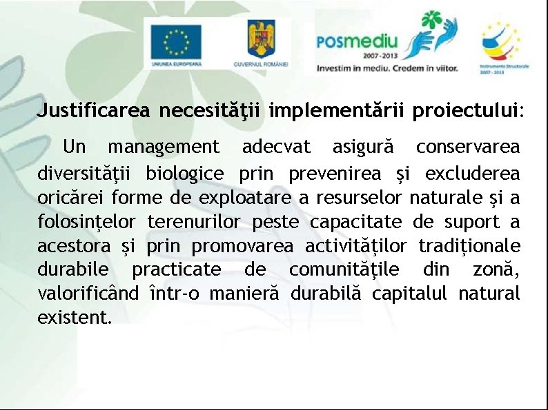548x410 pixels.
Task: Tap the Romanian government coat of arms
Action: pyautogui.click(x=261, y=39)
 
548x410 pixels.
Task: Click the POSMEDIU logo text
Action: pyautogui.click(x=357, y=42)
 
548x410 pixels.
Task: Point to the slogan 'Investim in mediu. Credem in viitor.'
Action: pyautogui.click(x=386, y=68)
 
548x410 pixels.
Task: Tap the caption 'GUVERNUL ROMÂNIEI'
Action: pyautogui.click(x=261, y=63)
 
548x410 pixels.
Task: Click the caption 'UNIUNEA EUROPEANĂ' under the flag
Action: pyautogui.click(x=177, y=63)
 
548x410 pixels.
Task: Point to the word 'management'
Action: pyautogui.click(x=164, y=147)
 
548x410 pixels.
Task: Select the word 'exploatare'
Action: pyautogui.click(x=246, y=198)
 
